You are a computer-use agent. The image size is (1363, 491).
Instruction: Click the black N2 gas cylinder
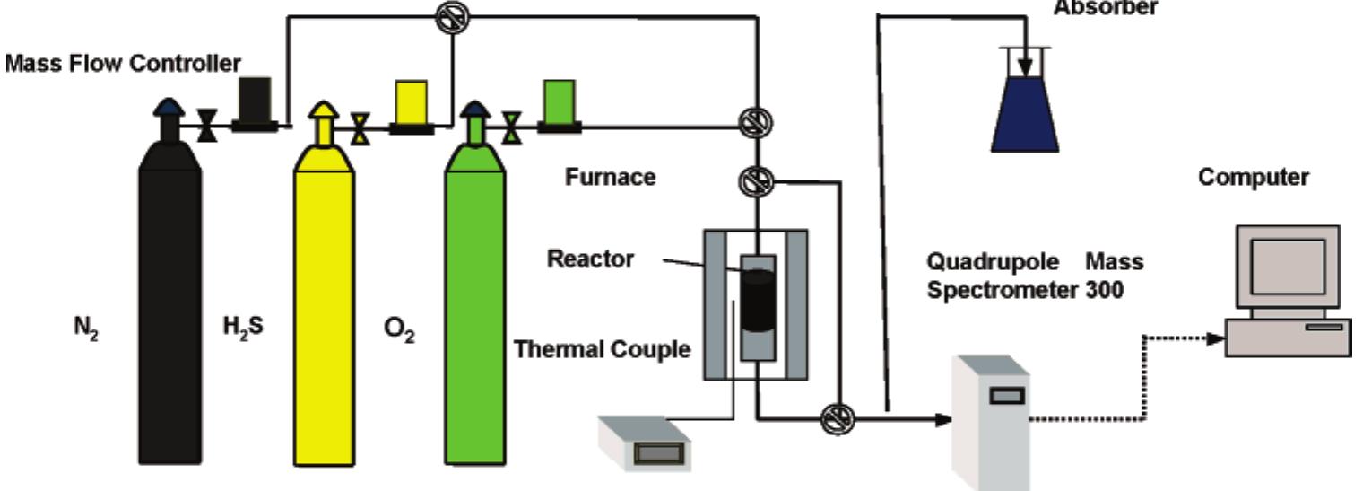pyautogui.click(x=169, y=305)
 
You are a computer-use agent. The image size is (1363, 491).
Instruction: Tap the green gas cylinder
pyautogui.click(x=475, y=305)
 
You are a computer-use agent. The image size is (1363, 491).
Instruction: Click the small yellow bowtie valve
pyautogui.click(x=360, y=127)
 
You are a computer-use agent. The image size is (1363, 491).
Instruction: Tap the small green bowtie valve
pyautogui.click(x=511, y=127)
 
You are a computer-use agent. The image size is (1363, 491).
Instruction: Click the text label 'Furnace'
pyautogui.click(x=610, y=178)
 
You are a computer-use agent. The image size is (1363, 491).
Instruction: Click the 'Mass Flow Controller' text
pyautogui.click(x=123, y=64)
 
